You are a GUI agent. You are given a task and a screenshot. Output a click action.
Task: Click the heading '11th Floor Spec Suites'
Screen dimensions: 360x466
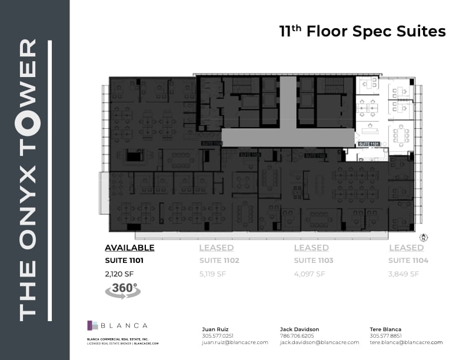coord(362,31)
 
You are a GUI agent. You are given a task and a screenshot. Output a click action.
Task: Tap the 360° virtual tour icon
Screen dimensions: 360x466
coord(122,291)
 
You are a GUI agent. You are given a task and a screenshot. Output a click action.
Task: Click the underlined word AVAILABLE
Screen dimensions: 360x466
coord(129,248)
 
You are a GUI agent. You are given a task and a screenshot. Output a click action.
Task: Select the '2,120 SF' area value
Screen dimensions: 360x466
coord(120,274)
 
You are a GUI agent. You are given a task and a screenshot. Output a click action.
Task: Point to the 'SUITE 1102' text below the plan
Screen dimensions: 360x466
coord(219,260)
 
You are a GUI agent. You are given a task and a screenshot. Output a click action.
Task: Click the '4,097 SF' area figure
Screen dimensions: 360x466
coord(309,274)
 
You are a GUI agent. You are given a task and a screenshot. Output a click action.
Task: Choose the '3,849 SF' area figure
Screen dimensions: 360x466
coord(404,274)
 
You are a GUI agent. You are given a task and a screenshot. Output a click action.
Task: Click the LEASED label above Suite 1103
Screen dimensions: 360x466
coord(311,248)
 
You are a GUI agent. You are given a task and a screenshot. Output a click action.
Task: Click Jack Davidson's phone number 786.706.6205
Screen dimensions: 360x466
coord(298,336)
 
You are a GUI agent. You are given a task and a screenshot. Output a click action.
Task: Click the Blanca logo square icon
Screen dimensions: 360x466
coord(92,325)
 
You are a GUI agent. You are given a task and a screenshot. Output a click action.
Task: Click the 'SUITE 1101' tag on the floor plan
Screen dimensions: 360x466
coord(368,144)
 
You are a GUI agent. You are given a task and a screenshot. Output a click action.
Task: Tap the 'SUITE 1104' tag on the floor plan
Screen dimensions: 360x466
coord(211,143)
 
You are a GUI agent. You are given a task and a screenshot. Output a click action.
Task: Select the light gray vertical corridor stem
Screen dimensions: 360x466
coord(288,102)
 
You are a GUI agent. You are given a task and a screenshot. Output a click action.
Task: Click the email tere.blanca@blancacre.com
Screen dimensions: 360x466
coord(407,342)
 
